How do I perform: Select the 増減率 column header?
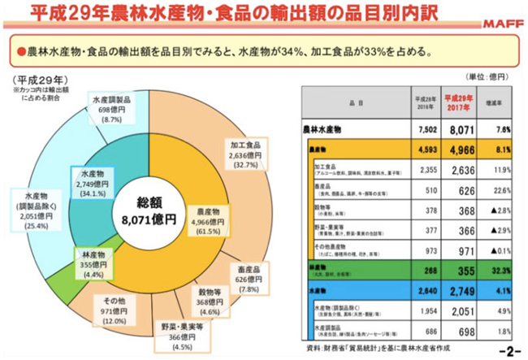[502, 104]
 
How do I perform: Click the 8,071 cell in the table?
[462, 128]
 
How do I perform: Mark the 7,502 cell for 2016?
[426, 128]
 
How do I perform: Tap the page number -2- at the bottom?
[509, 352]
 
